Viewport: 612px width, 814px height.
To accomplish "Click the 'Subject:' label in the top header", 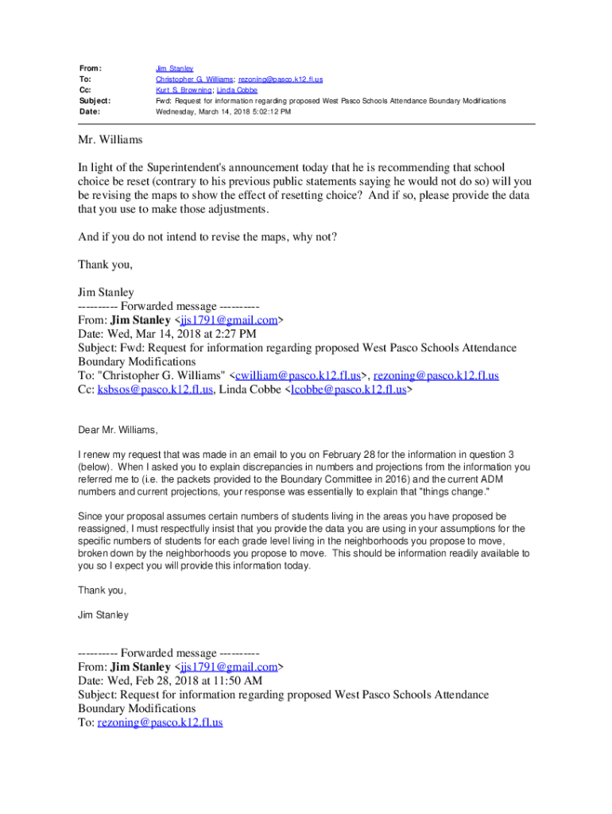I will pos(94,101).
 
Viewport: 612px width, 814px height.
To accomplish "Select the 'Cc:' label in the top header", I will pos(83,91).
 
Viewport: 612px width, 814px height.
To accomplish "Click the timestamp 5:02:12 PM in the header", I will pos(272,112).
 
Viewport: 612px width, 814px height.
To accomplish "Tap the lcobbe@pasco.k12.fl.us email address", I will pos(349,390).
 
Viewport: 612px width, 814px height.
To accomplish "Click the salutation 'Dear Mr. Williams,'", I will pos(118,430).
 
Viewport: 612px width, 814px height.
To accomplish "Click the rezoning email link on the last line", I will pos(160,722).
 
